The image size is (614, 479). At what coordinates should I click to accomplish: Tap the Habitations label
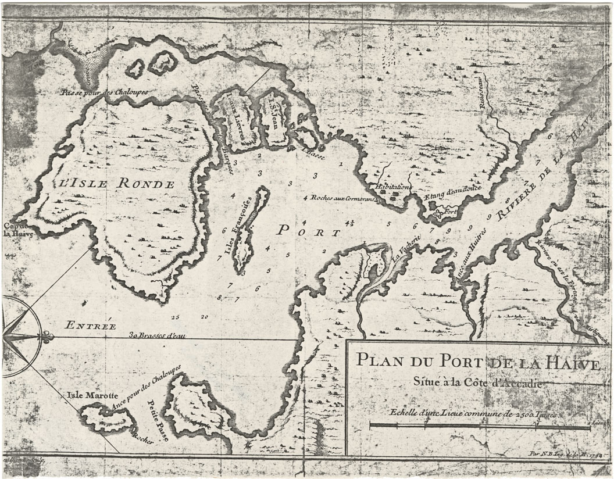(393, 187)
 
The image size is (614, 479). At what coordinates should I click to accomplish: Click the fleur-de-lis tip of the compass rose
(48, 336)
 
